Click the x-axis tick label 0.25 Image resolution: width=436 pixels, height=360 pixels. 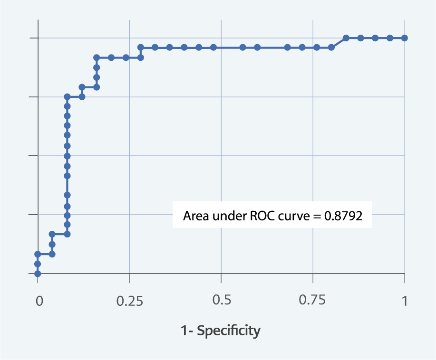click(129, 301)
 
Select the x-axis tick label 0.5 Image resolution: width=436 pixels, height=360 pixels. click(221, 301)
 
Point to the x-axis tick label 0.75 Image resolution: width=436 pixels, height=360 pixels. click(313, 301)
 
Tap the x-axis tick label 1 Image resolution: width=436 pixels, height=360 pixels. click(404, 301)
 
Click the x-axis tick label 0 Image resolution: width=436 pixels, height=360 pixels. click(39, 301)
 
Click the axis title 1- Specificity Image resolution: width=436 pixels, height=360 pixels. click(221, 331)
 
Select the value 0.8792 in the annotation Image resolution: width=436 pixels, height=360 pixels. click(343, 216)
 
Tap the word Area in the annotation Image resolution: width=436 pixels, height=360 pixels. click(194, 216)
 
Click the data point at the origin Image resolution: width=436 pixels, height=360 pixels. click(38, 274)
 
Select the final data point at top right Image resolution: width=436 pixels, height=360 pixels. click(405, 38)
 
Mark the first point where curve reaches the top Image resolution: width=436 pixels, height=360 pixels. click(346, 38)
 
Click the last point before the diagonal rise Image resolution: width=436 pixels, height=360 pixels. click(331, 47)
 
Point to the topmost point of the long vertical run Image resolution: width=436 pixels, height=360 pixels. click(67, 97)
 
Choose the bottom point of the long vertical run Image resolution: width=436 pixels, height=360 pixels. click(67, 234)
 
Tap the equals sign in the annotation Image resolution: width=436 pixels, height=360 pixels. click(315, 217)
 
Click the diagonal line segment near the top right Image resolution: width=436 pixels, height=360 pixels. click(339, 43)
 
